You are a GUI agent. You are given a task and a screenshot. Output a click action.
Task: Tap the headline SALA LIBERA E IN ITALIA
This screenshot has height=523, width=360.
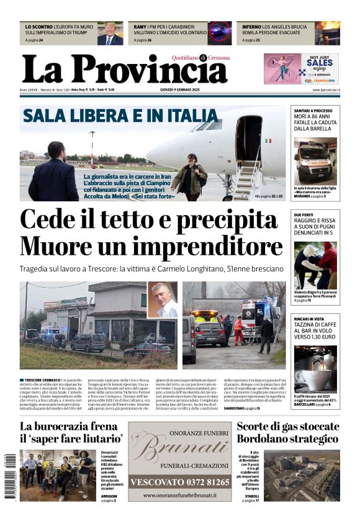coord(120,116)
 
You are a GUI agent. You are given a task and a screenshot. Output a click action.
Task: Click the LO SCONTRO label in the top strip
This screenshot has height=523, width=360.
coord(38,27)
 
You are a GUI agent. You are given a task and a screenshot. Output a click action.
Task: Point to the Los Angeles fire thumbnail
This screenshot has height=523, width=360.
coord(326,33)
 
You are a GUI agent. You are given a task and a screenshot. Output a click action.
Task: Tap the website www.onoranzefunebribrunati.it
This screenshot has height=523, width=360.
coord(179,495)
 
